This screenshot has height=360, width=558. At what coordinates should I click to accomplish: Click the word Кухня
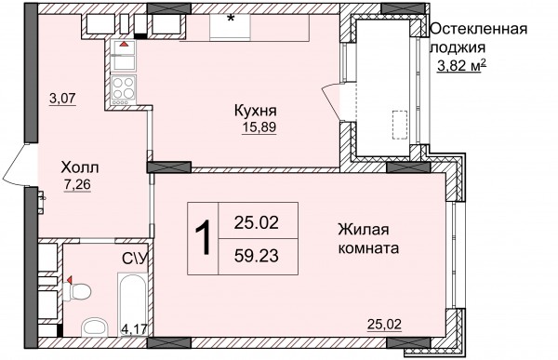(256, 111)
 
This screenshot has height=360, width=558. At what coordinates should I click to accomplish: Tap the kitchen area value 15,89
(259, 127)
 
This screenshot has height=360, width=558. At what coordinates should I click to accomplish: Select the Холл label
(80, 167)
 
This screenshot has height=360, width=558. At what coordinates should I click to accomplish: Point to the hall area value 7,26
(77, 184)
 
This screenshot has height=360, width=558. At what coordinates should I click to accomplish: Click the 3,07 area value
(63, 98)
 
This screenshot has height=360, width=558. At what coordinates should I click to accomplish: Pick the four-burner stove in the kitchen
(124, 90)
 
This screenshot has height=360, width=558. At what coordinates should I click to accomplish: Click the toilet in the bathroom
(76, 291)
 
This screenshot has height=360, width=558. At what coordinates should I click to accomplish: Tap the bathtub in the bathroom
(132, 304)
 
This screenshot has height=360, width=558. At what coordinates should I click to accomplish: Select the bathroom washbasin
(94, 327)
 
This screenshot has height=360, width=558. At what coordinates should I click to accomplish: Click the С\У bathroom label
(135, 259)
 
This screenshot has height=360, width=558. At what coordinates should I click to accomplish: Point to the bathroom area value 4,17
(134, 328)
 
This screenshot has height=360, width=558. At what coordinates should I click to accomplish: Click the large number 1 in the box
(203, 238)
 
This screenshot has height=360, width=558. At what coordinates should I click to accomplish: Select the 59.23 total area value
(257, 256)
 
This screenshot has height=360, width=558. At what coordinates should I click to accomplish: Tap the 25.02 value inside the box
(257, 223)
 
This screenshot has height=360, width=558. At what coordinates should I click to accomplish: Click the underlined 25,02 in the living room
(384, 325)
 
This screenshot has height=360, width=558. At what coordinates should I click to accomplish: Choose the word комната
(368, 247)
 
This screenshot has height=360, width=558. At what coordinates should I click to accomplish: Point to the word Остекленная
(479, 29)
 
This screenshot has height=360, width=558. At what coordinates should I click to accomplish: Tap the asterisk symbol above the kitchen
(231, 19)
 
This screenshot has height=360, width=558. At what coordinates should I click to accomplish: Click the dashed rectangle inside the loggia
(400, 125)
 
